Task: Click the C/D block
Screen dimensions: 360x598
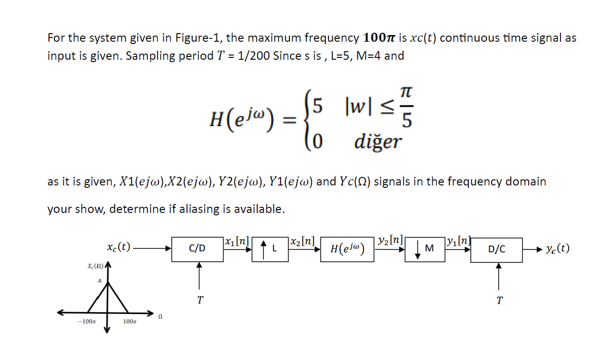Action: tap(197, 248)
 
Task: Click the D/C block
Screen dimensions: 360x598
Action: tap(496, 249)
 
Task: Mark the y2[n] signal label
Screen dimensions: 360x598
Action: tap(390, 240)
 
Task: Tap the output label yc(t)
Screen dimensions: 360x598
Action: tap(557, 249)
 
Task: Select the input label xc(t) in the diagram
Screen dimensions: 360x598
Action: tap(119, 247)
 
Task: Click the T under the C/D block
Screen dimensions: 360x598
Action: tap(200, 300)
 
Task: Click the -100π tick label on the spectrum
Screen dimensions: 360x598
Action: tap(86, 322)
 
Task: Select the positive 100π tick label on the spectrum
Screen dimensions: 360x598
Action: tap(130, 322)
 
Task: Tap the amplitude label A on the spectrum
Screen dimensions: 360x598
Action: tap(100, 281)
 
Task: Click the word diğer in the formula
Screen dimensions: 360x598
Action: tap(378, 141)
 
